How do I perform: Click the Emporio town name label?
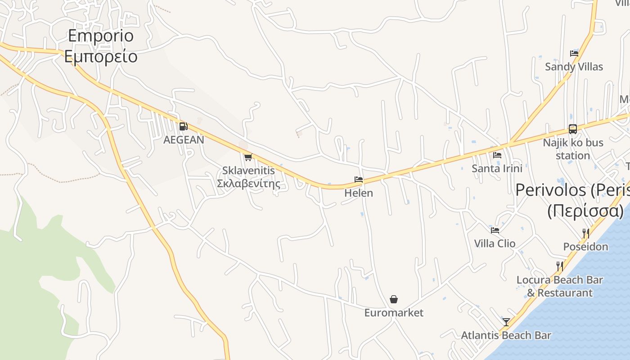(101, 36)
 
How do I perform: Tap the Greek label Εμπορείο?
(101, 57)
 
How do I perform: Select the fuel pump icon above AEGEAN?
(183, 126)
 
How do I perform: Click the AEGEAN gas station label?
(184, 140)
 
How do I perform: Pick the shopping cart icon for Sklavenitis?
(248, 157)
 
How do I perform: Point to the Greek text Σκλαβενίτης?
(248, 184)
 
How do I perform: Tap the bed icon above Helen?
(359, 179)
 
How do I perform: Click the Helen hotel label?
(359, 193)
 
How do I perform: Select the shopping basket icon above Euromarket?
(394, 299)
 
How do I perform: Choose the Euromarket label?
(394, 313)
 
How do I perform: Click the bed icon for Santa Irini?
(497, 155)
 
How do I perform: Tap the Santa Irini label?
(497, 168)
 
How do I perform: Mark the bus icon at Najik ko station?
(572, 129)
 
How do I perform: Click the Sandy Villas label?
(574, 67)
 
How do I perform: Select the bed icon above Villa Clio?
(495, 230)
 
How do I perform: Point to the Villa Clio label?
(495, 243)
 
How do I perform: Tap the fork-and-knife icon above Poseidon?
(585, 233)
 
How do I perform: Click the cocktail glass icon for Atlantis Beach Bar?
(506, 322)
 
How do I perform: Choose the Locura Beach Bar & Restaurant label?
(559, 286)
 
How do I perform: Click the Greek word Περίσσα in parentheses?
(585, 211)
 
